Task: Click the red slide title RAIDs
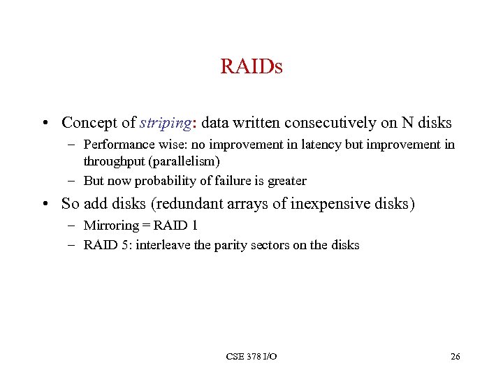point(251,68)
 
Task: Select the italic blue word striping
point(165,124)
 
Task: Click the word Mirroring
point(110,226)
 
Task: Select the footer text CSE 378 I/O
point(251,357)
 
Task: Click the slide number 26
point(455,357)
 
